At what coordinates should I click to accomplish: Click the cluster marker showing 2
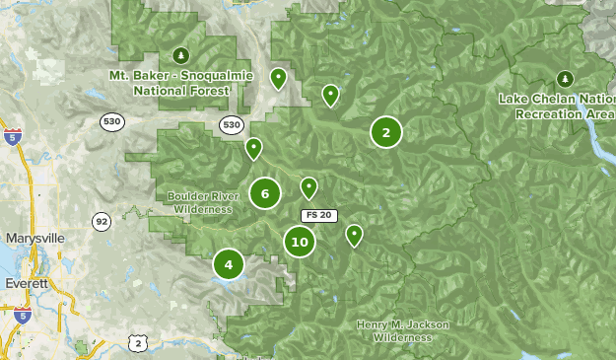pyautogui.click(x=386, y=132)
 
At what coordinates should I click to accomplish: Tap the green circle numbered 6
pyautogui.click(x=265, y=193)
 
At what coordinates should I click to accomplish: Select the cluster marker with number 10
pyautogui.click(x=300, y=242)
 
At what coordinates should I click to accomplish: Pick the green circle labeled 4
pyautogui.click(x=229, y=264)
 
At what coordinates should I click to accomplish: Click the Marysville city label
pyautogui.click(x=34, y=239)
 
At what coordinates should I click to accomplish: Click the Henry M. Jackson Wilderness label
pyautogui.click(x=402, y=330)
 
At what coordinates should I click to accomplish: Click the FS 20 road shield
pyautogui.click(x=318, y=215)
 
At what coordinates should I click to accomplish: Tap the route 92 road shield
pyautogui.click(x=102, y=222)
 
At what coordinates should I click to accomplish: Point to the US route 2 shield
pyautogui.click(x=137, y=342)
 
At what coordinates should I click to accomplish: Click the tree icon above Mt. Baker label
pyautogui.click(x=178, y=55)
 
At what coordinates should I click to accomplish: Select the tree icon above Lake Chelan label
pyautogui.click(x=565, y=79)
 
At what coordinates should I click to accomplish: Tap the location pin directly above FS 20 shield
pyautogui.click(x=308, y=187)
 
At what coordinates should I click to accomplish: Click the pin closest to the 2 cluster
pyautogui.click(x=330, y=95)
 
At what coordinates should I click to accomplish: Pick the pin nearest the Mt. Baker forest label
pyautogui.click(x=279, y=78)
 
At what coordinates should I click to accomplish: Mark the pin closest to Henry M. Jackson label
pyautogui.click(x=354, y=235)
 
